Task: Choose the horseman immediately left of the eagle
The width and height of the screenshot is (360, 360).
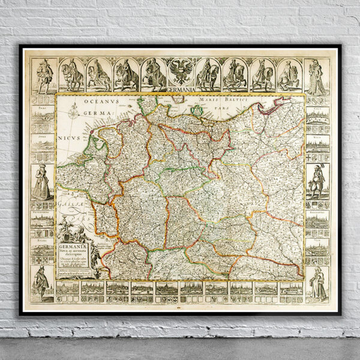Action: click(x=152, y=75)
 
